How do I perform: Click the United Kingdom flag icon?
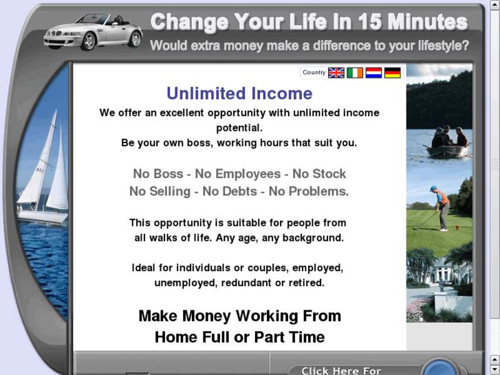336,73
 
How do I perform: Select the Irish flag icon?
355,73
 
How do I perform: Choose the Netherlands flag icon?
373,73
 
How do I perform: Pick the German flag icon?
392,73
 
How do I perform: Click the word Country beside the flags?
314,73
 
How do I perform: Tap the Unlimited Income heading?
239,94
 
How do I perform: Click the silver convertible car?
93,32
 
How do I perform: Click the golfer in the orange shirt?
442,206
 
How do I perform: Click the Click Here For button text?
340,370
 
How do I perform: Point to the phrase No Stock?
319,174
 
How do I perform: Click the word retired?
306,283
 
